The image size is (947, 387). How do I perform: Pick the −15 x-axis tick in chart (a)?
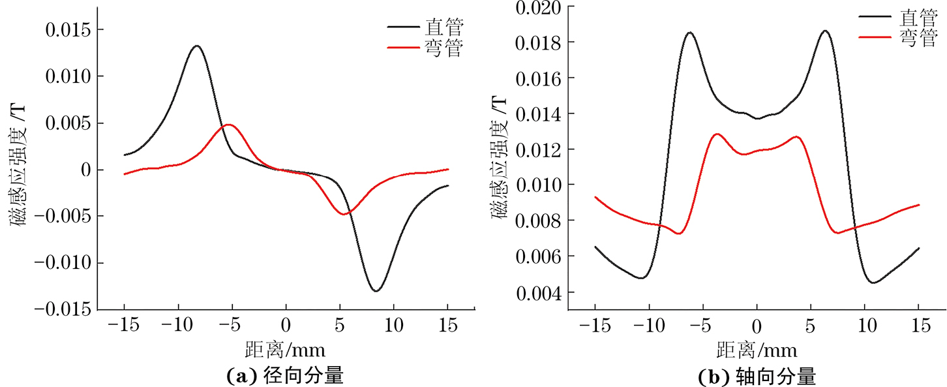click(x=124, y=324)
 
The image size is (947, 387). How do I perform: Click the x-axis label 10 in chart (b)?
click(x=864, y=324)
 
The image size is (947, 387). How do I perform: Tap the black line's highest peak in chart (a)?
click(x=196, y=46)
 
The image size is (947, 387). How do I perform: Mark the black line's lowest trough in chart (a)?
click(x=376, y=290)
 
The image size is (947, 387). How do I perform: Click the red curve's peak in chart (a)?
click(x=229, y=124)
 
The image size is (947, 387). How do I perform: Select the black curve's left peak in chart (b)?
click(x=689, y=32)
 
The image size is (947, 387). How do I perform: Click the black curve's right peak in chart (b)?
click(x=825, y=31)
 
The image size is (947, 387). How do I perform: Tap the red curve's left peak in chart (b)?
click(x=717, y=134)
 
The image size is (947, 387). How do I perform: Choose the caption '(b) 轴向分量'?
click(x=757, y=375)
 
